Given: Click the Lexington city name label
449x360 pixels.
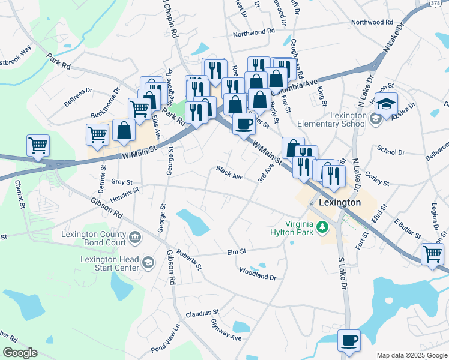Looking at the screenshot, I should click(340, 202).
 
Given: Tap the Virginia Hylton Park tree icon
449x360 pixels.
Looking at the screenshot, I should click(323, 226).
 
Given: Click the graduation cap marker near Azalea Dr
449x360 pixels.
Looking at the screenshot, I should click(386, 104).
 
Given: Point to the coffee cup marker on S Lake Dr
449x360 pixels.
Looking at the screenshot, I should click(349, 341).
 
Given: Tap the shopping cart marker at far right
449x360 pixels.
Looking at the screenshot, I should click(432, 254).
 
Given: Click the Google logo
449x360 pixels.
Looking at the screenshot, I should click(20, 353).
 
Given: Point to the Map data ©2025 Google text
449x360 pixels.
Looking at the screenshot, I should click(411, 355).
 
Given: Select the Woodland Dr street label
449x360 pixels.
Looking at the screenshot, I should click(257, 277).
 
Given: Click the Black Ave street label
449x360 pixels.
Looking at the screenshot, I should click(230, 175).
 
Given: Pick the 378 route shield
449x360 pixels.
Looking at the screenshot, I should click(419, 4).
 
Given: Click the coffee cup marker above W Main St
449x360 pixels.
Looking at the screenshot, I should click(243, 124).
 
